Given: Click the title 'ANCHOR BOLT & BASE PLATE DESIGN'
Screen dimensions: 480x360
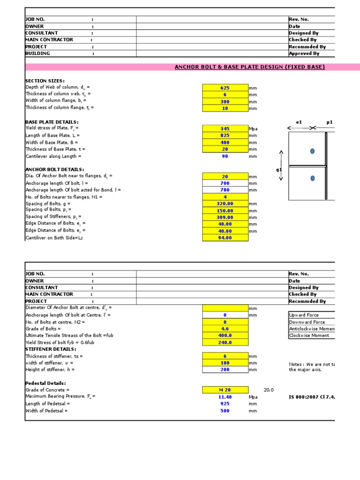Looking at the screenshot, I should click(249, 67).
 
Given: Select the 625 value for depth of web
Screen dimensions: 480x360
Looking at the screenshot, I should click(225, 88).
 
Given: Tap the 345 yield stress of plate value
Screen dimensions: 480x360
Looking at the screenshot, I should click(225, 129).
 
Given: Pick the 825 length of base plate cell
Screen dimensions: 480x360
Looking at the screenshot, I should click(225, 136).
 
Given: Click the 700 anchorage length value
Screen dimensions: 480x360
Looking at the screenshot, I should click(225, 183).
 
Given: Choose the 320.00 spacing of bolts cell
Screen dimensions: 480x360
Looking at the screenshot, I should click(225, 204).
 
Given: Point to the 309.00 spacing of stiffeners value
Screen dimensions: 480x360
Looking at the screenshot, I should click(225, 217).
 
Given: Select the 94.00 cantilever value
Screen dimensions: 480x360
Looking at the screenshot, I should click(225, 238).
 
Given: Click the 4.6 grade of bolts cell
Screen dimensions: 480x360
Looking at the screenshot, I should click(225, 329).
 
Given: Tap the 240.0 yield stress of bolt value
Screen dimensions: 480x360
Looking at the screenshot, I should click(225, 343).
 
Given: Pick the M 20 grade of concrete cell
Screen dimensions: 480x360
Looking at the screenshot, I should click(225, 390).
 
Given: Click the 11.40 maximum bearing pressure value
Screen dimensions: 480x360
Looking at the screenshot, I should click(225, 397).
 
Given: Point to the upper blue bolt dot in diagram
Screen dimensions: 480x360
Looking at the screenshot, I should click(313, 151).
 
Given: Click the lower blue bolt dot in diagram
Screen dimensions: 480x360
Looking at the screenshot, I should click(313, 178).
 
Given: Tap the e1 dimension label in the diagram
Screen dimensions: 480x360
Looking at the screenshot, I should click(299, 122).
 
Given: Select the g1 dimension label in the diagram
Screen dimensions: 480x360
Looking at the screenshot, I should click(279, 170).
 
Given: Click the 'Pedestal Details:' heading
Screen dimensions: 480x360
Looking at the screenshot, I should click(45, 383).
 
